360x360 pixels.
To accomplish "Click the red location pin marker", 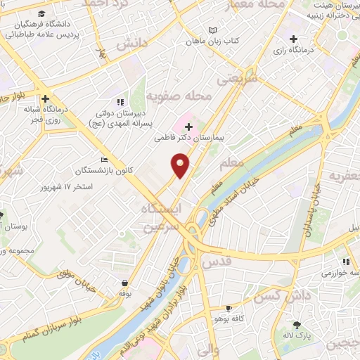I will point(181,166).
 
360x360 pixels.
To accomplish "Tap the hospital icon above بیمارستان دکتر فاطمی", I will point(188,126).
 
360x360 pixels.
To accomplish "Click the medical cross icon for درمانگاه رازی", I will point(293,38).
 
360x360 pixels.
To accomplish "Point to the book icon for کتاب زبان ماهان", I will point(212,30).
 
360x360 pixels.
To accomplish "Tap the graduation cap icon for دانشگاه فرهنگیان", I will point(43,14).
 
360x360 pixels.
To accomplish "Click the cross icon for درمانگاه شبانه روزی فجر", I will point(46,99).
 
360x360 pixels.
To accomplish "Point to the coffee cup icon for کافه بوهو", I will point(229,309).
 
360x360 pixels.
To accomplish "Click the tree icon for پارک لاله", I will point(296,325).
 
